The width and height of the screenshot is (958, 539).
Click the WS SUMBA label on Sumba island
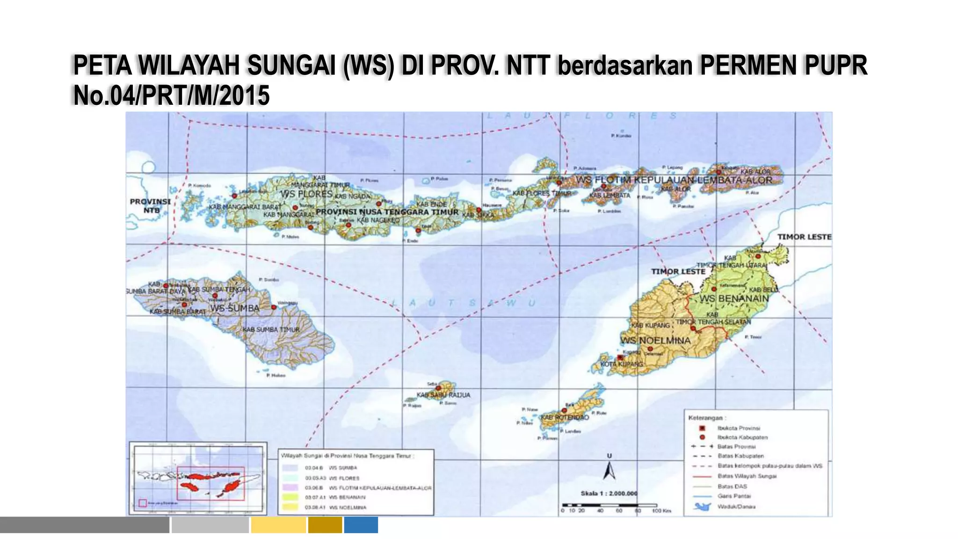[234, 308]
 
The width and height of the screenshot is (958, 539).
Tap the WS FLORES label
[306, 194]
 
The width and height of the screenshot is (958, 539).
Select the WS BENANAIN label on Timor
[734, 299]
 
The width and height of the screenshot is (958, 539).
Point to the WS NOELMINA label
[655, 340]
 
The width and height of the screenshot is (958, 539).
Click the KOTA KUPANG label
[622, 364]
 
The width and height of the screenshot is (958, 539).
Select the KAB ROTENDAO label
[565, 417]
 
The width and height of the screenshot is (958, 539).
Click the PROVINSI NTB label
[150, 206]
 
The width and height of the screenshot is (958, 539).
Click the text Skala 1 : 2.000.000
[609, 493]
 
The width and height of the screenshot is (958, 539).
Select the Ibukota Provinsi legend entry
[738, 428]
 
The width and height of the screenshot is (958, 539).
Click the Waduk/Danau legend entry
[736, 506]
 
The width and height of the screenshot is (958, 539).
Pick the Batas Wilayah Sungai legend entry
[747, 476]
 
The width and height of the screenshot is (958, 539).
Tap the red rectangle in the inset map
[210, 483]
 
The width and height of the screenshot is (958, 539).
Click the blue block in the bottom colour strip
[361, 524]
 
